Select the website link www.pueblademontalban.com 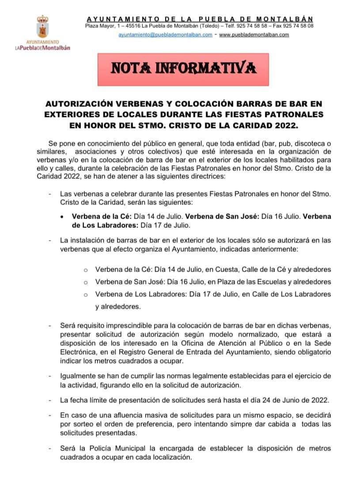(254, 35)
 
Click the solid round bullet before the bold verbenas (64, 217)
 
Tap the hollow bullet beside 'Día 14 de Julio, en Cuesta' (86, 270)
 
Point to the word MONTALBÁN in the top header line (286, 19)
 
